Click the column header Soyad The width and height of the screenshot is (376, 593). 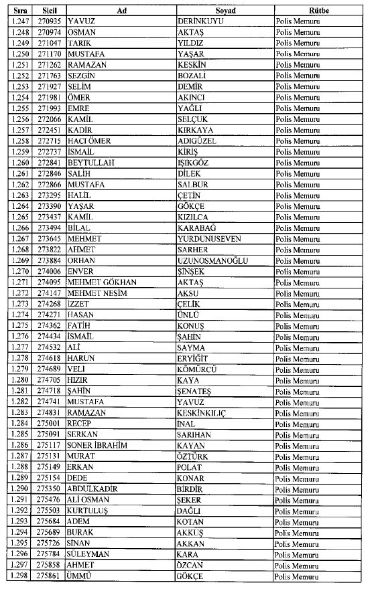pyautogui.click(x=224, y=11)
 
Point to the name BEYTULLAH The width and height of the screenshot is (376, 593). pyautogui.click(x=90, y=163)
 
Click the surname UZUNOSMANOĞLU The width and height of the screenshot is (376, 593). pyautogui.click(x=214, y=260)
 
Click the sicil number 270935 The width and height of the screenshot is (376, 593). pyautogui.click(x=48, y=21)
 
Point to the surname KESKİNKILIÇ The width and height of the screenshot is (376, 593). pyautogui.click(x=207, y=413)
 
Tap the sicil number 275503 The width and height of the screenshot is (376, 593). pyautogui.click(x=48, y=511)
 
